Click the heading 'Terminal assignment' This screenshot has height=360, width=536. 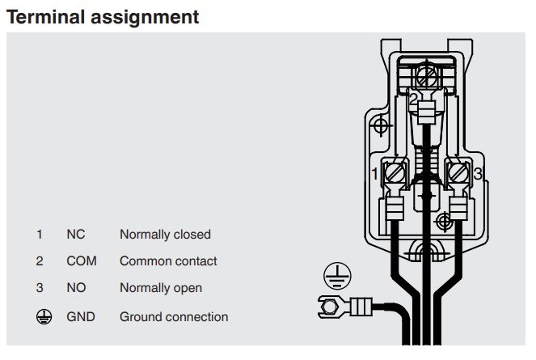[103, 16]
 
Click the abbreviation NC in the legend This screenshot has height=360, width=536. [75, 235]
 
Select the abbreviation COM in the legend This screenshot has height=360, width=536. [80, 261]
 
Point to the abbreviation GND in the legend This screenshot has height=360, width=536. [80, 317]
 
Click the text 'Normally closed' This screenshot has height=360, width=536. [165, 235]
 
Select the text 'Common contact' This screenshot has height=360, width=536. [168, 261]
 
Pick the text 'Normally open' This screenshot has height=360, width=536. [161, 288]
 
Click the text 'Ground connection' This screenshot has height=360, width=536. [174, 317]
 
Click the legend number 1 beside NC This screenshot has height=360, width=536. [39, 235]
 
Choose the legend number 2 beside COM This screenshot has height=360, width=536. [39, 261]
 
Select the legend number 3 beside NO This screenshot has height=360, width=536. [39, 288]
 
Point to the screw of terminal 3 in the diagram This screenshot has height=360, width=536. [458, 173]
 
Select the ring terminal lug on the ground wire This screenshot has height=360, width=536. [331, 306]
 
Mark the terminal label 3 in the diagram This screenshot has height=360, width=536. [478, 174]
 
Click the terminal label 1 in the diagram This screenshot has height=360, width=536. [375, 174]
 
